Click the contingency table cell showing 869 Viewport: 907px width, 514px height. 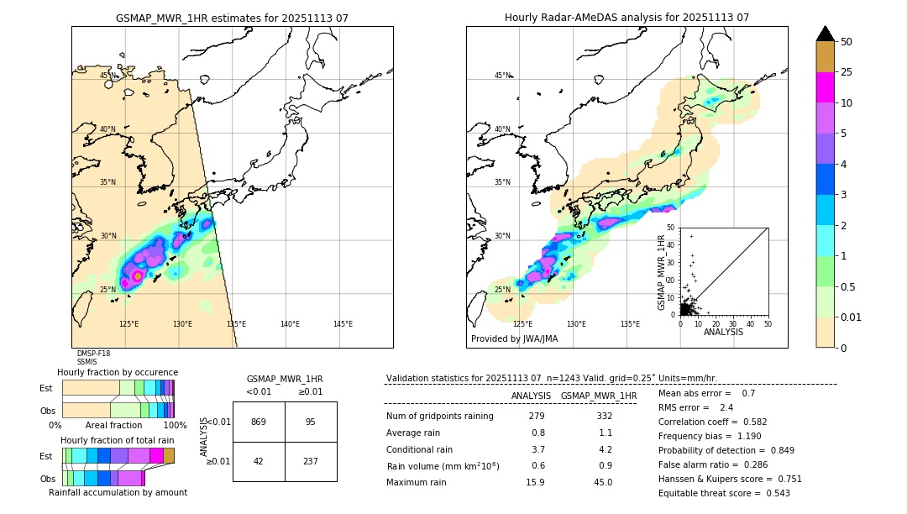point(259,422)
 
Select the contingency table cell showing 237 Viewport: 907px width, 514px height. point(311,460)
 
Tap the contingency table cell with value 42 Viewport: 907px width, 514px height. point(259,460)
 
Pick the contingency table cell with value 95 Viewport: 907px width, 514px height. point(311,422)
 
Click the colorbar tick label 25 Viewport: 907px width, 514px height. point(847,72)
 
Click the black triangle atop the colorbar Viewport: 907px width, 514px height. point(826,34)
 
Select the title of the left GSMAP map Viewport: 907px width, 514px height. point(232,18)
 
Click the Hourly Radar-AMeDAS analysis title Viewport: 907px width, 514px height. point(627,18)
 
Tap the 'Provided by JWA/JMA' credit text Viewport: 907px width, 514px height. point(514,339)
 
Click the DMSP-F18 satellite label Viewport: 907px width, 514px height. point(93,354)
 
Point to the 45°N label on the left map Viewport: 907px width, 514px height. point(108,76)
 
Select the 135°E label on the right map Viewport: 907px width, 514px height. point(630,324)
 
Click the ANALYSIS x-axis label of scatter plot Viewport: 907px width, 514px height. point(722,332)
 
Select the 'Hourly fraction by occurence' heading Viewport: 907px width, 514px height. point(118,372)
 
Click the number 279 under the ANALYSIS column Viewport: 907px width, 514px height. point(537,417)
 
